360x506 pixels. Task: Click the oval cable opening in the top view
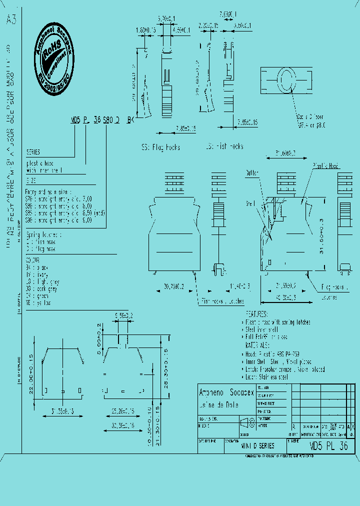pos(286,81)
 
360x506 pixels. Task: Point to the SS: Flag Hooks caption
pos(160,147)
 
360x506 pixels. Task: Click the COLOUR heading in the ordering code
pos(33,260)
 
